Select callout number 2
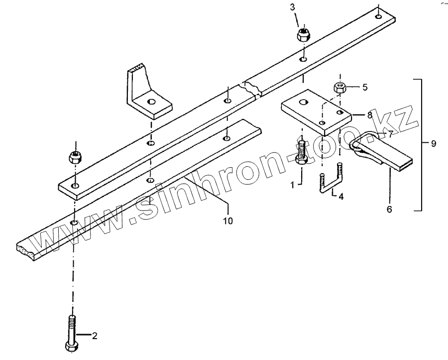point(94,335)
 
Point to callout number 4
point(341,196)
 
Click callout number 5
point(365,88)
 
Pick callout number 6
point(389,210)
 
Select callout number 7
point(391,134)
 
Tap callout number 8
point(369,115)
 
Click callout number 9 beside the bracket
point(434,143)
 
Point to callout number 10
point(227,219)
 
